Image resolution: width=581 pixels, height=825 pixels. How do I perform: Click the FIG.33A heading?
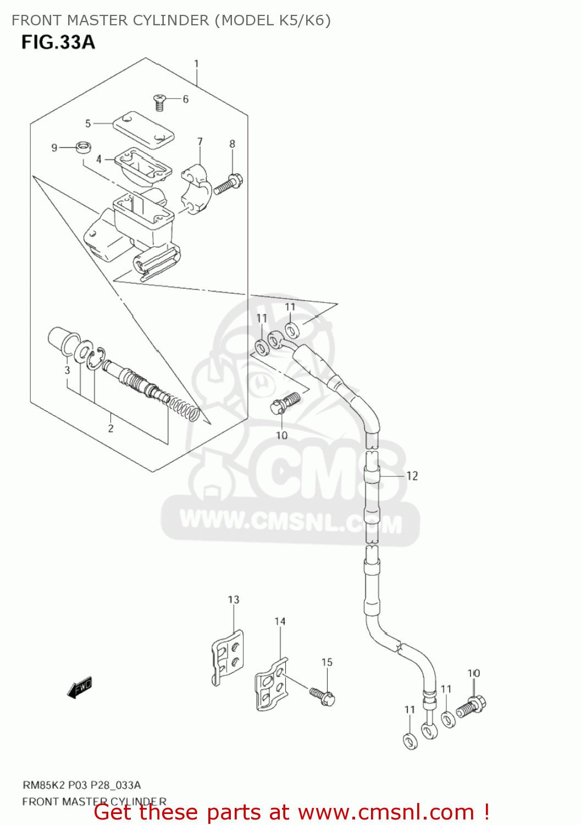click(x=58, y=42)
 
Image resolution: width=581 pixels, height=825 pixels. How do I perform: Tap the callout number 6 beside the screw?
click(x=186, y=99)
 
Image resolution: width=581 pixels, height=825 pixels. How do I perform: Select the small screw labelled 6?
click(x=159, y=101)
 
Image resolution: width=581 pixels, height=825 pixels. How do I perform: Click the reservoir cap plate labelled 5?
click(x=143, y=130)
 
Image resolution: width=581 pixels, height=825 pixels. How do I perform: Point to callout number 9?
click(x=54, y=147)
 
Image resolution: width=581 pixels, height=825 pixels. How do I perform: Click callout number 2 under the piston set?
click(x=110, y=428)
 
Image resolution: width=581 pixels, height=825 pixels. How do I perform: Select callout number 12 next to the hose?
click(x=412, y=476)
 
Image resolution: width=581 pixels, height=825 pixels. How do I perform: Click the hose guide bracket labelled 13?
click(x=228, y=657)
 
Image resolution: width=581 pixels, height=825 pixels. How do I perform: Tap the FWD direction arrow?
click(x=80, y=687)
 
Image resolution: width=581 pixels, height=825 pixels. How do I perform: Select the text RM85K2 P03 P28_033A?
click(x=81, y=785)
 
